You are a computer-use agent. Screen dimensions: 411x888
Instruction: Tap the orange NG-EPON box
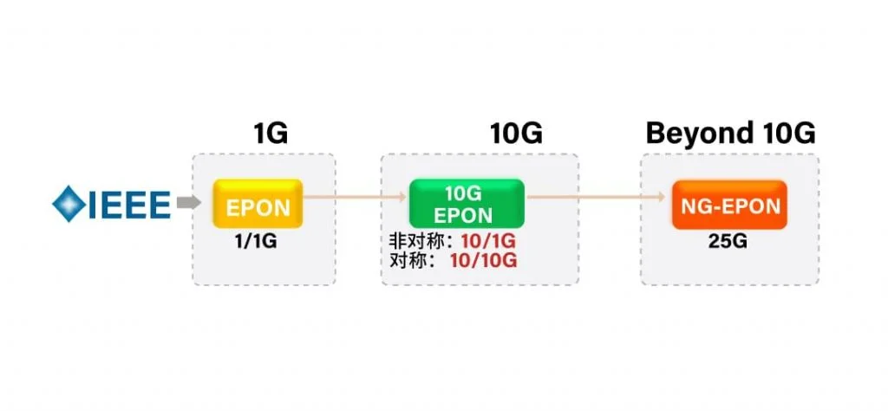pos(728,205)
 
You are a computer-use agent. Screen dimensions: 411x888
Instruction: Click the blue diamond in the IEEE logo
pos(68,204)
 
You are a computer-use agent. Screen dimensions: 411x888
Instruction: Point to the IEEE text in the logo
pos(127,204)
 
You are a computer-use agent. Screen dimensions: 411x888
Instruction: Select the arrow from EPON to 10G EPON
pos(356,198)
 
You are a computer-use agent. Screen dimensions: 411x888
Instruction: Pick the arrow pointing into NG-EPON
pos(598,198)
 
